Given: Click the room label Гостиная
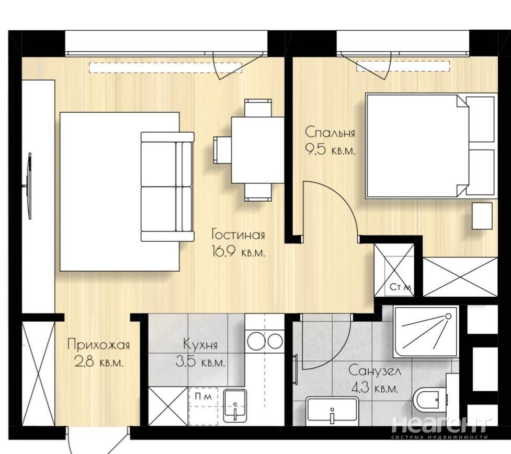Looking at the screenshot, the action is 238,235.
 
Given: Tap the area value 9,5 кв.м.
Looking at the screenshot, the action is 330,150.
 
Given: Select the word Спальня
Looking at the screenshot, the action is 330,133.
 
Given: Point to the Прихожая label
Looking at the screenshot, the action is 98,344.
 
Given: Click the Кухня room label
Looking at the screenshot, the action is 200,344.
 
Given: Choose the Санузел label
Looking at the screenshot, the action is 375,371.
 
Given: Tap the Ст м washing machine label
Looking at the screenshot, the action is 401,287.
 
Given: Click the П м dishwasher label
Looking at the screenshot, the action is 203,397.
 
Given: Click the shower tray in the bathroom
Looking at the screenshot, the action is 426,331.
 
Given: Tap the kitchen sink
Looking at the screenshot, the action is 234,406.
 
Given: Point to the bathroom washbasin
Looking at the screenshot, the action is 332,411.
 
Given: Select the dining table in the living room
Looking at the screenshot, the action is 258,150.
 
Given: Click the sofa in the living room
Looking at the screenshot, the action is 167,187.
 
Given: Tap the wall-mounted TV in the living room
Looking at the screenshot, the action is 29,186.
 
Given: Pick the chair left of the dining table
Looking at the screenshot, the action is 222,150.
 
